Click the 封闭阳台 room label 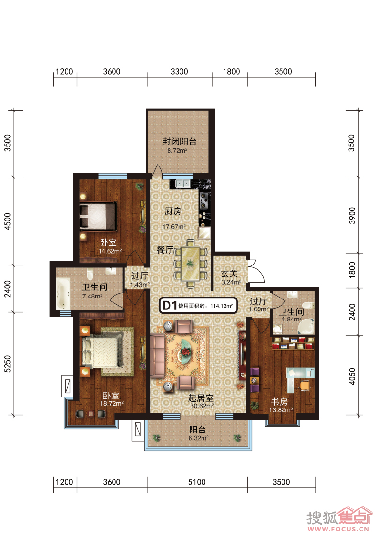tap(180, 141)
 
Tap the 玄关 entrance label tap(229, 274)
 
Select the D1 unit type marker tap(169, 305)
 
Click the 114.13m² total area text tap(222, 306)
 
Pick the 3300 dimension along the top tap(179, 71)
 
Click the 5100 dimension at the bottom tap(197, 482)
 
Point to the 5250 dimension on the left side tap(8, 364)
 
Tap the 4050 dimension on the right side tap(352, 376)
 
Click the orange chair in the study tap(304, 385)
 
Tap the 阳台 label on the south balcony tap(198, 430)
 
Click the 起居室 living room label tap(201, 398)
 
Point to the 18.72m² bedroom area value tap(112, 403)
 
